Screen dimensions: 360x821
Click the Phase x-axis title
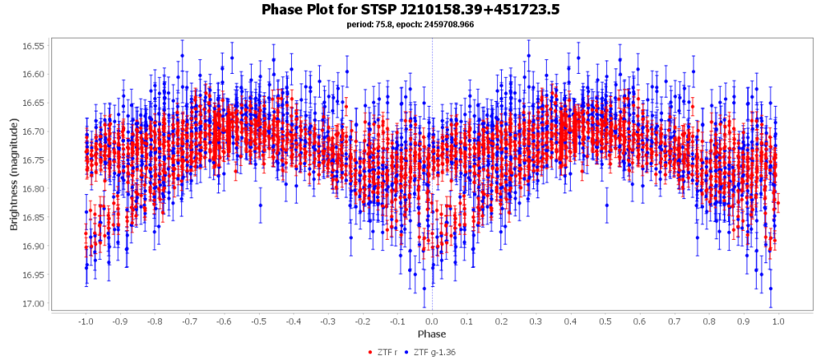[431, 334]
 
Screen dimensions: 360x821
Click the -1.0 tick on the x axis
[85, 321]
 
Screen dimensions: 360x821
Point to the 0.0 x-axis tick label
[432, 321]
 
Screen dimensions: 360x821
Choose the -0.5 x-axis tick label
[258, 321]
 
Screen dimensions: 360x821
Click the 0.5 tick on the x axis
[605, 321]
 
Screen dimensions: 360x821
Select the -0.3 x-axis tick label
[328, 321]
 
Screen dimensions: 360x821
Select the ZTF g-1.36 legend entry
[434, 353]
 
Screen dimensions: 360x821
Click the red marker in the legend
[370, 353]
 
